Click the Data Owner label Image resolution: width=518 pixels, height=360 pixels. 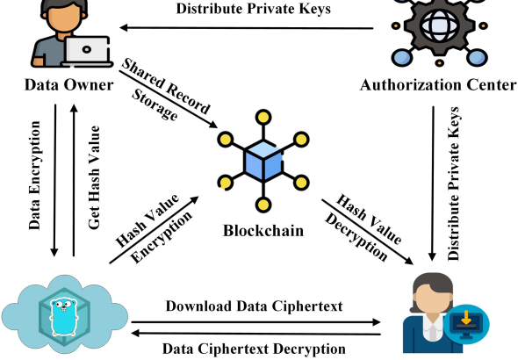69,85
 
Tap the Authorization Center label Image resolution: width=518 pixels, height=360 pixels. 438,85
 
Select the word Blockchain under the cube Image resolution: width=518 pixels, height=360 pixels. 263,231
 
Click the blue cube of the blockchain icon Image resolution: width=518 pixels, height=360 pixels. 263,161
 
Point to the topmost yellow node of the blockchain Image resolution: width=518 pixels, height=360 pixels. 263,118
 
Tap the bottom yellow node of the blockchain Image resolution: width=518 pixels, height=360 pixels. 263,205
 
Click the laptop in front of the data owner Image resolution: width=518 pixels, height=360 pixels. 87,52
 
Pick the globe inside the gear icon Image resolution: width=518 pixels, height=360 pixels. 439,25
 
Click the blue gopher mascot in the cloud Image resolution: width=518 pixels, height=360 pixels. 64,317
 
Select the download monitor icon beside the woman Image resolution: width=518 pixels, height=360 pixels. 466,324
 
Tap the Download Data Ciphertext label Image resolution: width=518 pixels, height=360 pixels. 254,306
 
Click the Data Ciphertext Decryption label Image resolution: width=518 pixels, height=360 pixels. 254,349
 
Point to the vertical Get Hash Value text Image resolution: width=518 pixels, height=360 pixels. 94,177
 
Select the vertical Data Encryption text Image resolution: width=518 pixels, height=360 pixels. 34,176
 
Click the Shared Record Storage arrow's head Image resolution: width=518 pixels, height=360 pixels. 212,125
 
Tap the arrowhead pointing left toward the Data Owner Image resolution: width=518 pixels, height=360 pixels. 124,28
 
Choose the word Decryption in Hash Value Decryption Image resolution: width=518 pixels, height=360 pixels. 356,237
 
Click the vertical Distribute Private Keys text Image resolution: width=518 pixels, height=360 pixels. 453,184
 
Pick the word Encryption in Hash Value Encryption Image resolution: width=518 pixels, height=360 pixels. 161,236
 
